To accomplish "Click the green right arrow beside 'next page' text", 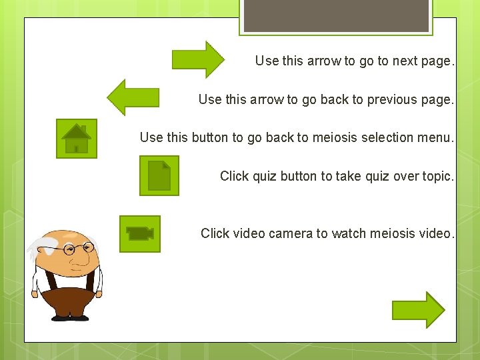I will pyautogui.click(x=198, y=59).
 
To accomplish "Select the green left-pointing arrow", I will pyautogui.click(x=133, y=97).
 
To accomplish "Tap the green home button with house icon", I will pyautogui.click(x=76, y=139).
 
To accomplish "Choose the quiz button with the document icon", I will pyautogui.click(x=159, y=175).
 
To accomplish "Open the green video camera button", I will pyautogui.click(x=140, y=233).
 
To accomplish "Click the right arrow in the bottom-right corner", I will pyautogui.click(x=418, y=310).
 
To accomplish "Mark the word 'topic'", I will pyautogui.click(x=435, y=176).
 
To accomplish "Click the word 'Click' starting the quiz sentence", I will pyautogui.click(x=234, y=176).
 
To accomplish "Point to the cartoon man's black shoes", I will pyautogui.click(x=69, y=317).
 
